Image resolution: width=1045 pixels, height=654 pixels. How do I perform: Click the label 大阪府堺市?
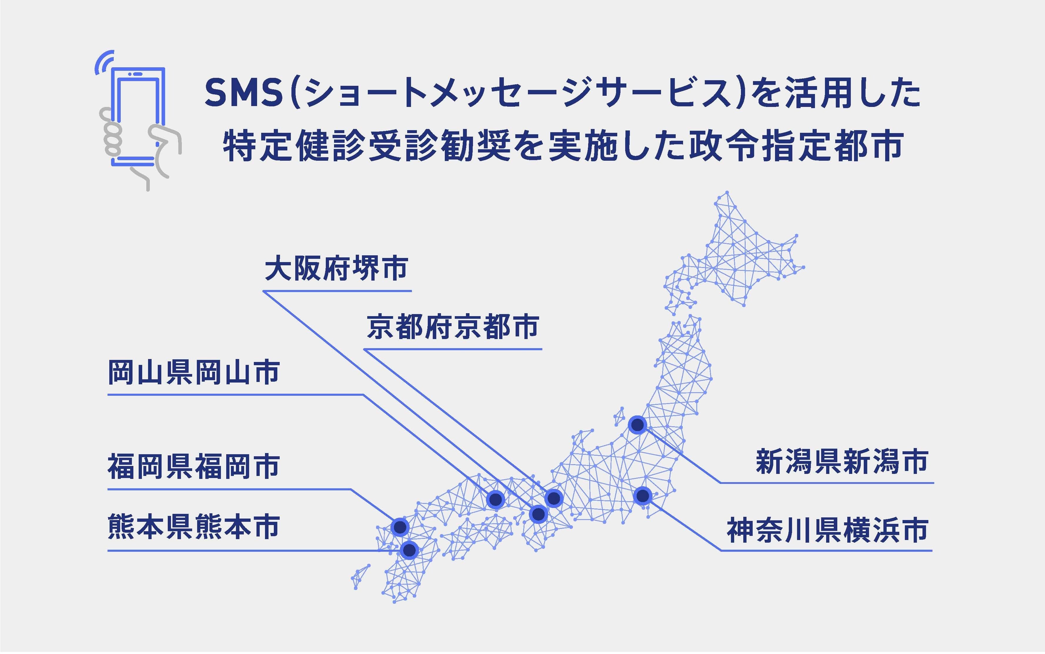(336, 269)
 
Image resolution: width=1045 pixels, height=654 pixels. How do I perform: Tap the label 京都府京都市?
(452, 327)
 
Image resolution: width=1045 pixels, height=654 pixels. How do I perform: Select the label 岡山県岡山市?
(193, 373)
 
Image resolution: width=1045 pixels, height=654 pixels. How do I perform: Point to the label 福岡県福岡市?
(193, 467)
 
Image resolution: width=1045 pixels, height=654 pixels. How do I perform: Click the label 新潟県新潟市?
(842, 462)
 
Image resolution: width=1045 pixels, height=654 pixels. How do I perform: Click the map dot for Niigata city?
(637, 425)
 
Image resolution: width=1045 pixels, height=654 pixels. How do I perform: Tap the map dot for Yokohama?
(643, 495)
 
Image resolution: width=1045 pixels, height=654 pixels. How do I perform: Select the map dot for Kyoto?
(554, 498)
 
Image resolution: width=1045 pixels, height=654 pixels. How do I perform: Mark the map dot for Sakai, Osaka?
(538, 514)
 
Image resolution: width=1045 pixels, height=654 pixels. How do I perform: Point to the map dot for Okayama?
(495, 499)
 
